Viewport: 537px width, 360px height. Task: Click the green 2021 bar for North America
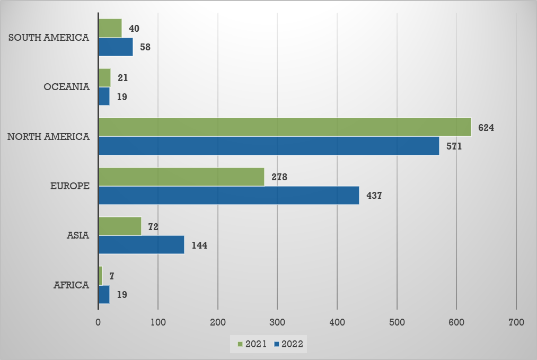click(x=285, y=127)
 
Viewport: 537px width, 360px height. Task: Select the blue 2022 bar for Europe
click(x=228, y=195)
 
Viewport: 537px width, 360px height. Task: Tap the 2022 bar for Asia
click(x=141, y=245)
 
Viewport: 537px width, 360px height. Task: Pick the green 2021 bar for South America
click(x=110, y=28)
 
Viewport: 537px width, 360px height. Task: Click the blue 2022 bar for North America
click(x=269, y=146)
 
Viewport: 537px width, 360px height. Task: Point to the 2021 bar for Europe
click(x=181, y=177)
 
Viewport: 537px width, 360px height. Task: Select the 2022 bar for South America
click(x=116, y=47)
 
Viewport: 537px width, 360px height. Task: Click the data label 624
click(x=486, y=127)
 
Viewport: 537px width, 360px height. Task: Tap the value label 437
click(x=374, y=195)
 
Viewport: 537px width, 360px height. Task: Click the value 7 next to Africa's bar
click(x=112, y=276)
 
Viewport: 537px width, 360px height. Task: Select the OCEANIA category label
click(x=67, y=87)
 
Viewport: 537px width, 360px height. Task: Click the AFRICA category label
click(x=71, y=285)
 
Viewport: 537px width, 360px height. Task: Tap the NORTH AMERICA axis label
click(x=48, y=137)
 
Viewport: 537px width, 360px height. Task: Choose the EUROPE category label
click(x=69, y=186)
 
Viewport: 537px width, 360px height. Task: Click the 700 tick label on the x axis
click(x=516, y=322)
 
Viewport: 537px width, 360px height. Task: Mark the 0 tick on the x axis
click(x=99, y=322)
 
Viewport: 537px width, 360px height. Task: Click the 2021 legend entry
click(x=252, y=344)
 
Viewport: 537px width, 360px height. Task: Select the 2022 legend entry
click(x=288, y=344)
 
